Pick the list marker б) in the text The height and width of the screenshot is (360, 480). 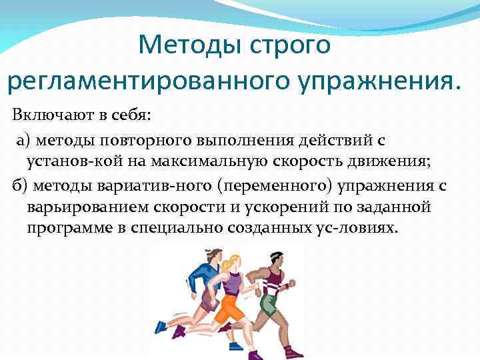[x=21, y=185]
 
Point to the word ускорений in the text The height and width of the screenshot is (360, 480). [x=295, y=207]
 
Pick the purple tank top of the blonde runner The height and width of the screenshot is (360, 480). [x=233, y=283]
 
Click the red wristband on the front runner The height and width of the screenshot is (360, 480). [x=286, y=286]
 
